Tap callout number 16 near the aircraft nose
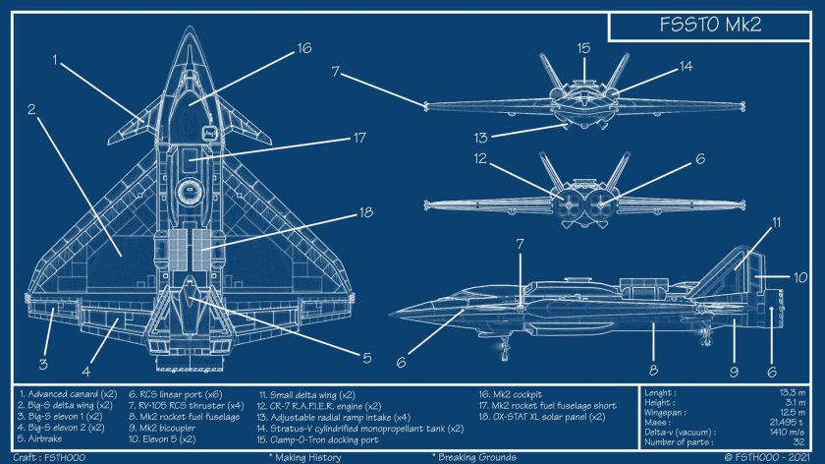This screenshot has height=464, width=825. [x=303, y=47]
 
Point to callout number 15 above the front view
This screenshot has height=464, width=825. [x=583, y=47]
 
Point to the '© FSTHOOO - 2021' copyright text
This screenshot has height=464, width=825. [x=772, y=457]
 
